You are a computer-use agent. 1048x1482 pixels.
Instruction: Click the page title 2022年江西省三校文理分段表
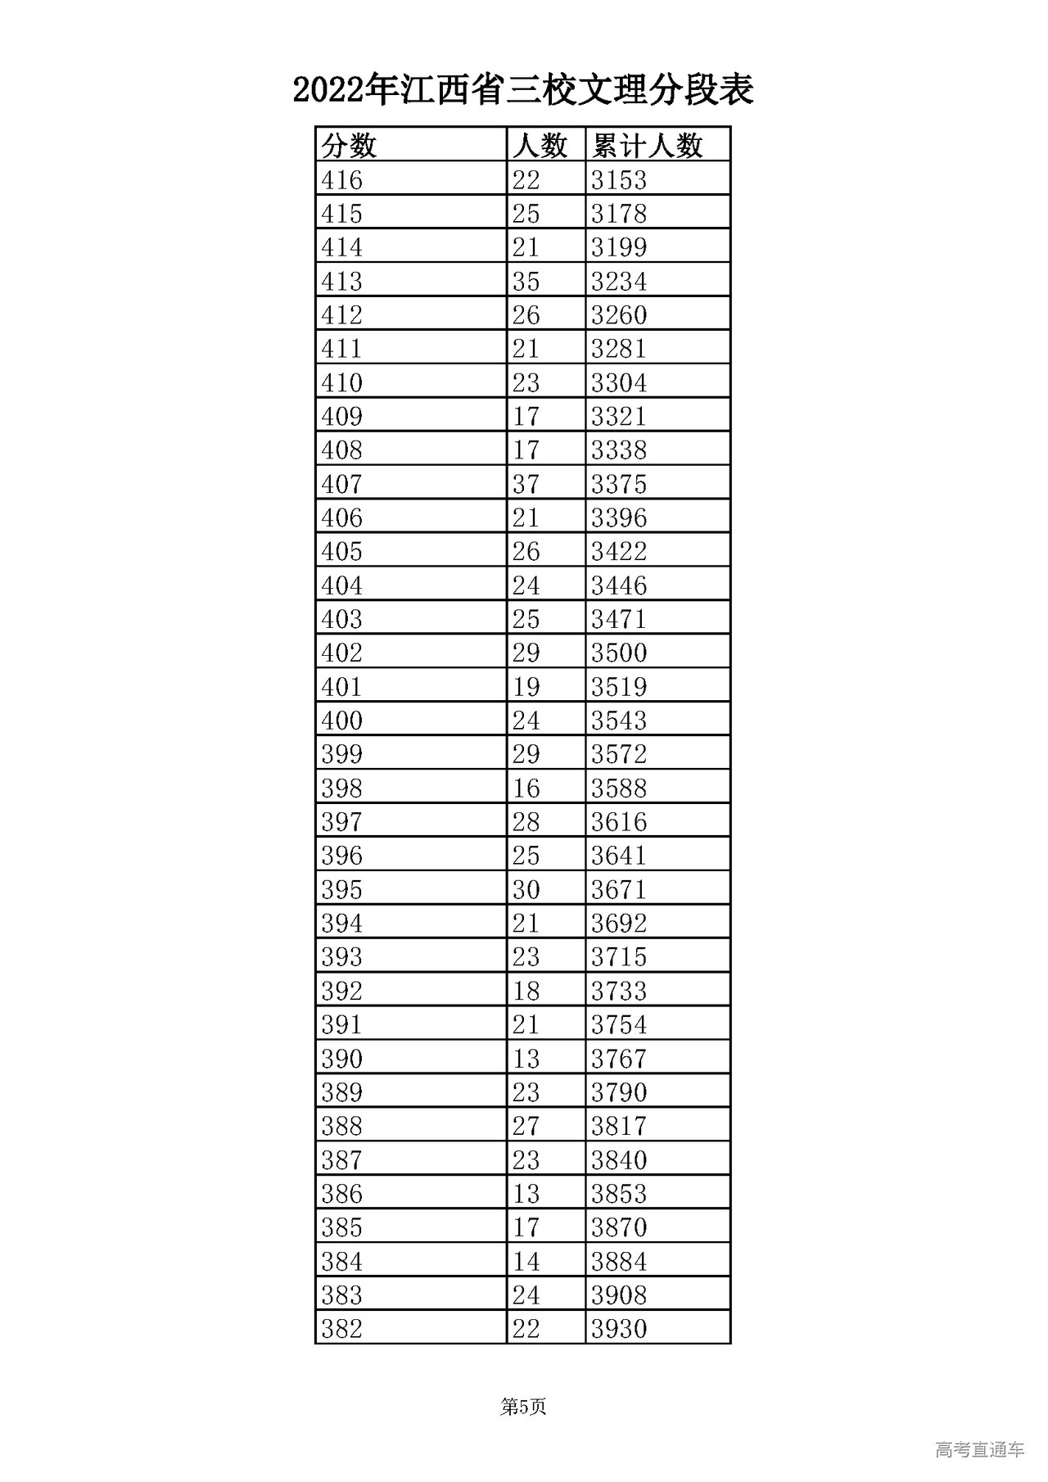[x=523, y=90]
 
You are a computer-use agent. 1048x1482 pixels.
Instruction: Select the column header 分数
[x=349, y=146]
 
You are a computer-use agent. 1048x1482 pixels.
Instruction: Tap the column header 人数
[x=540, y=146]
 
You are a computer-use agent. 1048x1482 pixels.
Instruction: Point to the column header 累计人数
[x=648, y=146]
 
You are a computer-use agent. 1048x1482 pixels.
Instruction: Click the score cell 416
[x=342, y=179]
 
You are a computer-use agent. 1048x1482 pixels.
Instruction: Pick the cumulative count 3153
[x=619, y=179]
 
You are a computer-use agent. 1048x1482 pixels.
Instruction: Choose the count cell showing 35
[x=526, y=281]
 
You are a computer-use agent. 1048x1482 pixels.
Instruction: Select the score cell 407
[x=342, y=484]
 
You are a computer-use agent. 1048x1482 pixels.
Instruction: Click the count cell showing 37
[x=526, y=484]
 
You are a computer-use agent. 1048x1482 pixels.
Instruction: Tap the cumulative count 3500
[x=619, y=653]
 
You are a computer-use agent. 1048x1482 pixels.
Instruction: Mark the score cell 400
[x=342, y=721]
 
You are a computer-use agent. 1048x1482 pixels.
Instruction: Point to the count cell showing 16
[x=526, y=788]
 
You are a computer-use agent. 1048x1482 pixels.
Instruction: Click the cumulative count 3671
[x=619, y=889]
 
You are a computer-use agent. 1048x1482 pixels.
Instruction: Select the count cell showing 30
[x=526, y=889]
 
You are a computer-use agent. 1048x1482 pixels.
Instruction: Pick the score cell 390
[x=342, y=1059]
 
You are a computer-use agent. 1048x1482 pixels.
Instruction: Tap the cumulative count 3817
[x=619, y=1126]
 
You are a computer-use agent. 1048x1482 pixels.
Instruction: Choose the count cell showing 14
[x=526, y=1261]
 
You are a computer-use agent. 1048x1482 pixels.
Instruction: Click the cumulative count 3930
[x=619, y=1329]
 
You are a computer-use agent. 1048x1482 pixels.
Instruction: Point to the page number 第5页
[x=523, y=1407]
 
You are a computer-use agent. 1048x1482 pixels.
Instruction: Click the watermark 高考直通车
[x=979, y=1449]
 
